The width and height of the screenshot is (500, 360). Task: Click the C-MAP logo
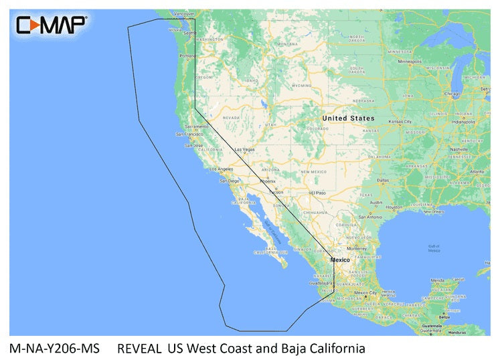(52, 25)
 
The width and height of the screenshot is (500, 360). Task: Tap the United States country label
(348, 118)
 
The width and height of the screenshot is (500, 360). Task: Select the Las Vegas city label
(244, 149)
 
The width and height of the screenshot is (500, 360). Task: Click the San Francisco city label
(189, 134)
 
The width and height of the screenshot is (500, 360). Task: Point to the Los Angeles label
(221, 169)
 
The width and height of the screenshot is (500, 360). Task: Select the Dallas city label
(383, 180)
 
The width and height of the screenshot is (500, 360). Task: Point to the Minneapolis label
(410, 61)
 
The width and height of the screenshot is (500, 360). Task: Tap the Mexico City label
(365, 292)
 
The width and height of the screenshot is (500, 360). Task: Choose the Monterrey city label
(357, 248)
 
